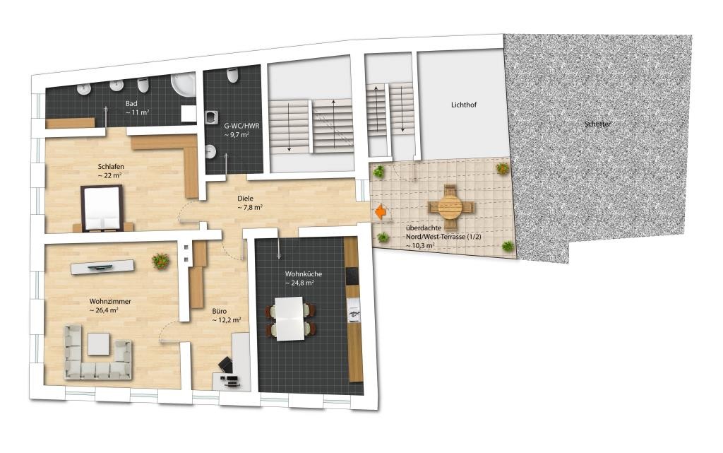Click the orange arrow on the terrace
(x=381, y=212)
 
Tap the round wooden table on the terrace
(x=450, y=207)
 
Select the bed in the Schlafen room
(x=102, y=208)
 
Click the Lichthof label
(x=463, y=105)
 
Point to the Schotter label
(x=597, y=124)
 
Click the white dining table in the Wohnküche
(x=289, y=319)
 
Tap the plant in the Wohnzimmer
(x=160, y=261)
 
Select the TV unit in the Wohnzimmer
(x=102, y=266)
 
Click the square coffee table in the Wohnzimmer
(x=99, y=343)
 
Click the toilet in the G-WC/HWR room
(x=233, y=75)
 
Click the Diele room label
(x=245, y=199)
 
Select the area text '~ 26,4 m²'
(x=104, y=310)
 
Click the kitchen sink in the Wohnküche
(x=354, y=310)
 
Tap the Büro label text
(x=220, y=311)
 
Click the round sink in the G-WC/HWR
(x=210, y=151)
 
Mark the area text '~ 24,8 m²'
(x=299, y=283)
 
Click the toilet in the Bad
(x=143, y=85)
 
